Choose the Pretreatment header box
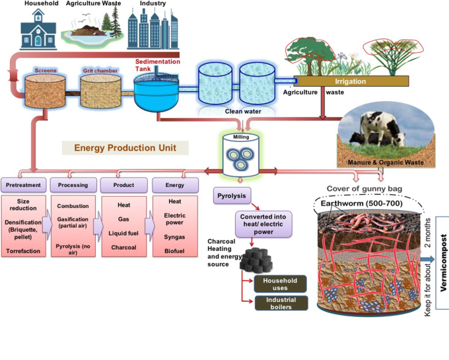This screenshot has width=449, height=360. pyautogui.click(x=24, y=184)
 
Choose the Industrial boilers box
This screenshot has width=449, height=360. pyautogui.click(x=280, y=303)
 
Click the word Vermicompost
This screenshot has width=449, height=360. pyautogui.click(x=442, y=262)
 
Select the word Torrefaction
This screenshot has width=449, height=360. pyautogui.click(x=24, y=251)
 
